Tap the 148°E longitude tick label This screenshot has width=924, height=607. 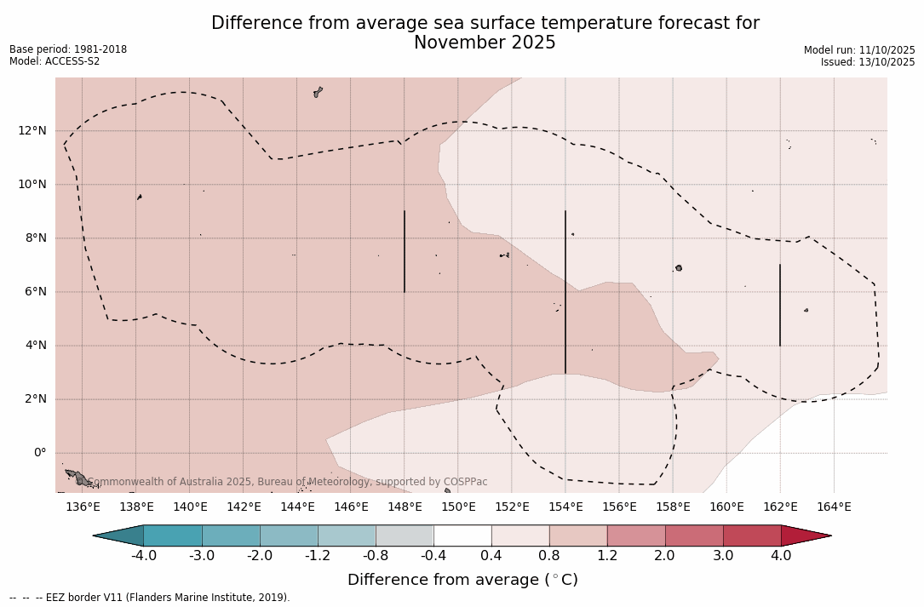coord(405,507)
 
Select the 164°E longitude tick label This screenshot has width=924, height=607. coord(834,507)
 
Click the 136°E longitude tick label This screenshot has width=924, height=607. coord(83,507)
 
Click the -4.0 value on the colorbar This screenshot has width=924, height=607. coord(143,556)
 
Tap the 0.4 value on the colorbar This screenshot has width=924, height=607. coord(491,556)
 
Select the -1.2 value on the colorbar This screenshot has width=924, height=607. coord(318,556)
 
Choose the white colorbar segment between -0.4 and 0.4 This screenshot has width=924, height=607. coord(462,535)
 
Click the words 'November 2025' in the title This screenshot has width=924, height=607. coord(485,43)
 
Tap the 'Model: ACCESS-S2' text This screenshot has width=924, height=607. coord(55,61)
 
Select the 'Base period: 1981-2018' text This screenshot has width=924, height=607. coord(68,49)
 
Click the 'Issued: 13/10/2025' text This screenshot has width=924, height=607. coord(867,62)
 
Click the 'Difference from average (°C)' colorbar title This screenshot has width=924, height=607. coord(462,580)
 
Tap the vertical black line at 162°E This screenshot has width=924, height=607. coord(780,305)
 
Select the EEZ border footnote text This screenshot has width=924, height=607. coord(149,598)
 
